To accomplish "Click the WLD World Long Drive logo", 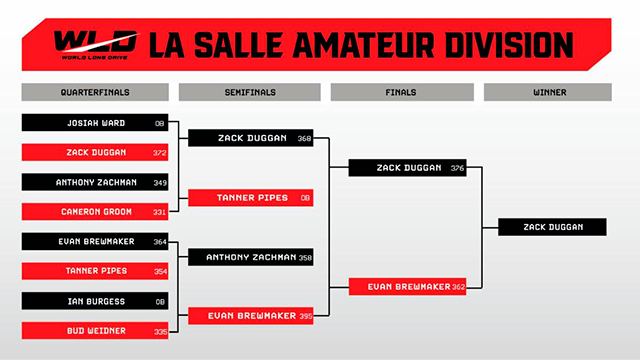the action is [96, 45].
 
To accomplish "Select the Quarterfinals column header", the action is [95, 92].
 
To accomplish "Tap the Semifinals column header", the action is [250, 92].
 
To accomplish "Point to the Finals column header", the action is [402, 92].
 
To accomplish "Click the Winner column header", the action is [548, 92].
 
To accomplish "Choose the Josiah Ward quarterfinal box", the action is [95, 122].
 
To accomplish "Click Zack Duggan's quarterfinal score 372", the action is [160, 153].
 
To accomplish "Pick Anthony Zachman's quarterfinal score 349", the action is [160, 183].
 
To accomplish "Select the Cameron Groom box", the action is [95, 211].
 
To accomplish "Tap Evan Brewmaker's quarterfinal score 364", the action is [160, 242].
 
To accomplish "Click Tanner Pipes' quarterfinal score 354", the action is [160, 272].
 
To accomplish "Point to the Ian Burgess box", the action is [95, 301].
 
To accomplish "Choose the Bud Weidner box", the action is [95, 331].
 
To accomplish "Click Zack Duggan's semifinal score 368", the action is [304, 139].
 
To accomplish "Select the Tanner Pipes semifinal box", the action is [251, 198].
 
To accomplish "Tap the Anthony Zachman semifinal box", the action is [251, 257].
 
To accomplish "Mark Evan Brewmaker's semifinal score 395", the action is [306, 316].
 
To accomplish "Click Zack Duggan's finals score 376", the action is [458, 168].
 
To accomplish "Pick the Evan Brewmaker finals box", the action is [407, 287].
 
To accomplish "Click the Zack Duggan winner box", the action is [552, 227].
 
